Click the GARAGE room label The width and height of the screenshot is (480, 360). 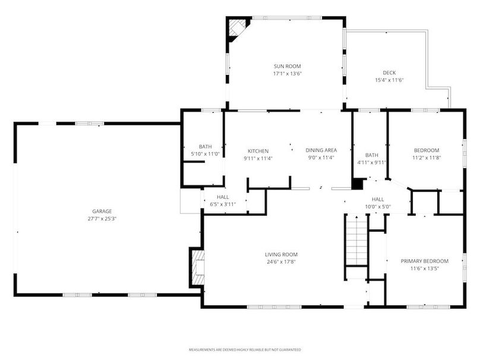click(x=102, y=211)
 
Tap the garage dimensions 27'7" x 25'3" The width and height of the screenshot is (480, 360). click(x=102, y=218)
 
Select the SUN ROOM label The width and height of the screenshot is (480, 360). click(x=286, y=67)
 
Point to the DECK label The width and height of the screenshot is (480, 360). click(x=389, y=72)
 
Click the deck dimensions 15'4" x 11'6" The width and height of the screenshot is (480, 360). click(x=389, y=80)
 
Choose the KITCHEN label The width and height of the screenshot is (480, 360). click(x=258, y=151)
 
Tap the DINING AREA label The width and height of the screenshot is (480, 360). click(x=321, y=150)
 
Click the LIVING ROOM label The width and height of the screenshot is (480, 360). click(x=281, y=254)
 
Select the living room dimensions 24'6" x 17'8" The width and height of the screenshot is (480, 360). click(x=281, y=261)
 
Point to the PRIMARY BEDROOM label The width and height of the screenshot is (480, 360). click(x=424, y=261)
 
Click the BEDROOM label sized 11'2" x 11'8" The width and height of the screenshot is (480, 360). click(x=426, y=150)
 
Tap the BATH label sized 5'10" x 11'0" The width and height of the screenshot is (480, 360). click(x=206, y=147)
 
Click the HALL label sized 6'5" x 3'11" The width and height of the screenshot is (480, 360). click(x=223, y=197)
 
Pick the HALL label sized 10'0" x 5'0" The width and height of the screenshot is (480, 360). click(x=378, y=200)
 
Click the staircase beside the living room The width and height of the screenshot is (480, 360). click(x=357, y=241)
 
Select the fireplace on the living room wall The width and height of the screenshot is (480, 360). click(x=197, y=267)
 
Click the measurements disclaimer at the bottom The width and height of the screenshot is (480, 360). click(x=245, y=349)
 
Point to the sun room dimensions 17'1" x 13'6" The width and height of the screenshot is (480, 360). click(x=286, y=74)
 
